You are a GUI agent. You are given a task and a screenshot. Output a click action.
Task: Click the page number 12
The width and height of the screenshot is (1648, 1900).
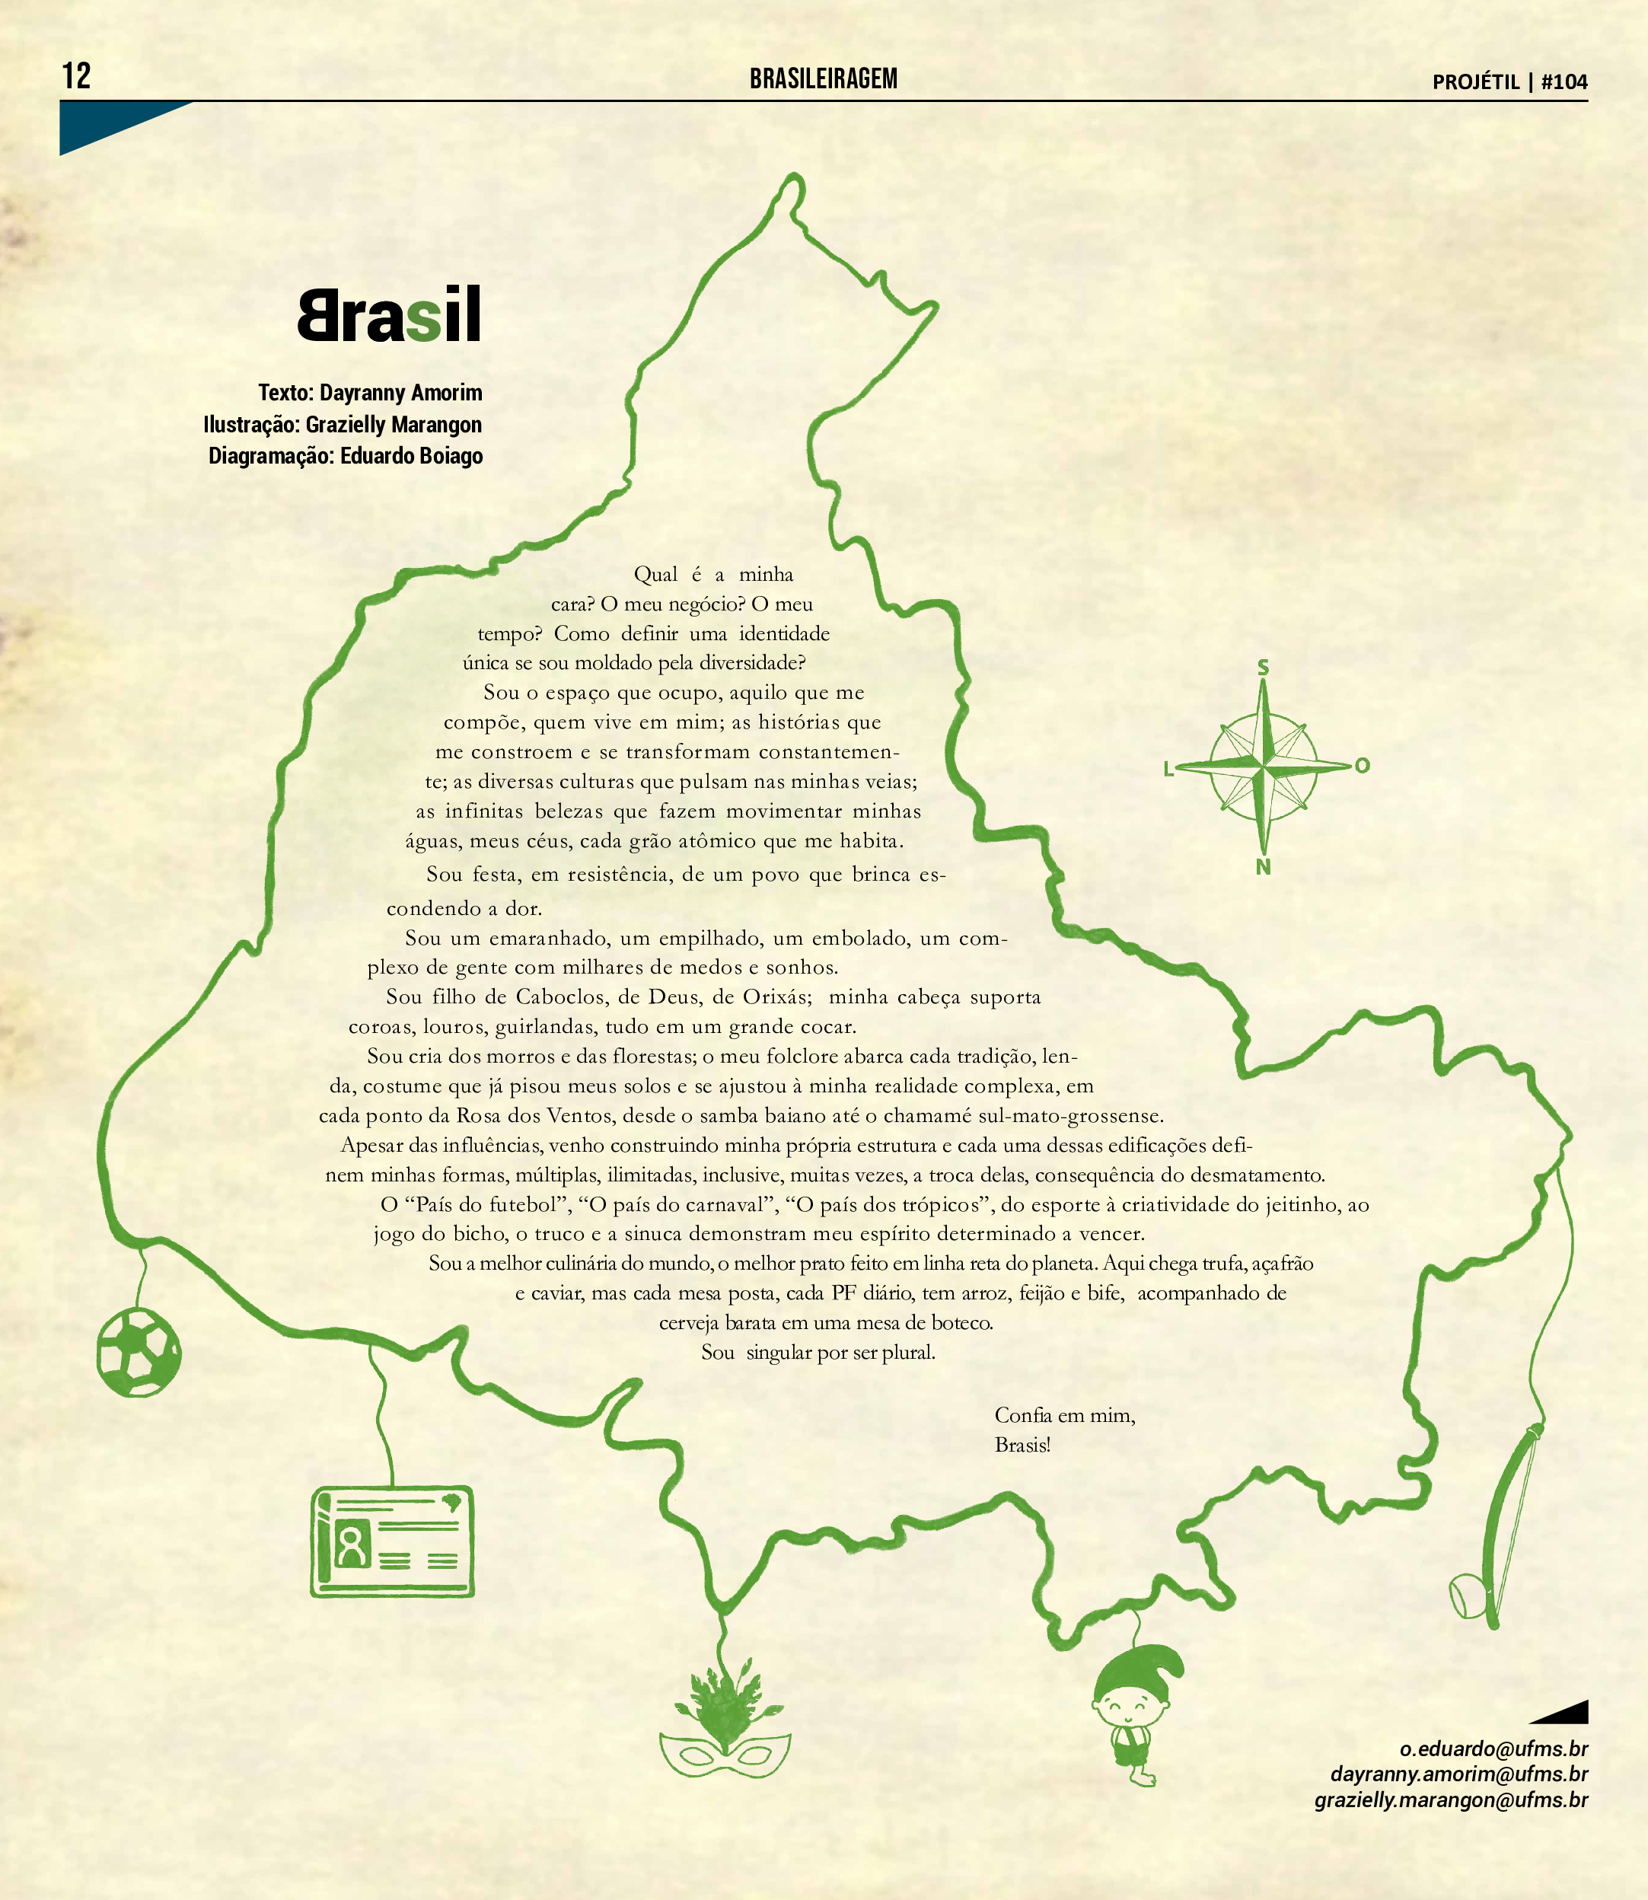pos(76,75)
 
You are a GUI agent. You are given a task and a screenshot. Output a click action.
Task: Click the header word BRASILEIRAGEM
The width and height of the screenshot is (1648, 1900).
pos(823,79)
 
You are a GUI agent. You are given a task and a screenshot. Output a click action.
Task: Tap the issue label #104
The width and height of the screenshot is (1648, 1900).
pos(1564,82)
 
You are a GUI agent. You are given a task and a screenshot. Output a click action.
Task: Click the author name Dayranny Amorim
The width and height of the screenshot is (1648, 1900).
pos(400,393)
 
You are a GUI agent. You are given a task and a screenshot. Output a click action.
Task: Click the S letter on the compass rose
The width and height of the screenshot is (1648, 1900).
pos(1263,668)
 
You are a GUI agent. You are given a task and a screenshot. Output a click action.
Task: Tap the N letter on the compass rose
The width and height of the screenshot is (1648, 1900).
pos(1263,866)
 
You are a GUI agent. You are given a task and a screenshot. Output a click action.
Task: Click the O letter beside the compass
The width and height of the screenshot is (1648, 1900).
pos(1362,765)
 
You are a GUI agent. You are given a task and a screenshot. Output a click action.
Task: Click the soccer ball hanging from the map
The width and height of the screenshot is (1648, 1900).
pos(139,1353)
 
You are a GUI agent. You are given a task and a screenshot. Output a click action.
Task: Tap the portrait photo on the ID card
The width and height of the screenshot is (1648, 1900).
pos(350,1546)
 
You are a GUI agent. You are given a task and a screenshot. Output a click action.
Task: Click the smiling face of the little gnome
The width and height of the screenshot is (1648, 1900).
pos(1130,1709)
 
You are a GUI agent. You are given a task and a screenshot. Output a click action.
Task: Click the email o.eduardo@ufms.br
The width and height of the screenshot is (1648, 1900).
pos(1493,1749)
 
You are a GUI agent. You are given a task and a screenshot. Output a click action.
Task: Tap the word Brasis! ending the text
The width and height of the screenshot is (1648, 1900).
pos(1022,1445)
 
